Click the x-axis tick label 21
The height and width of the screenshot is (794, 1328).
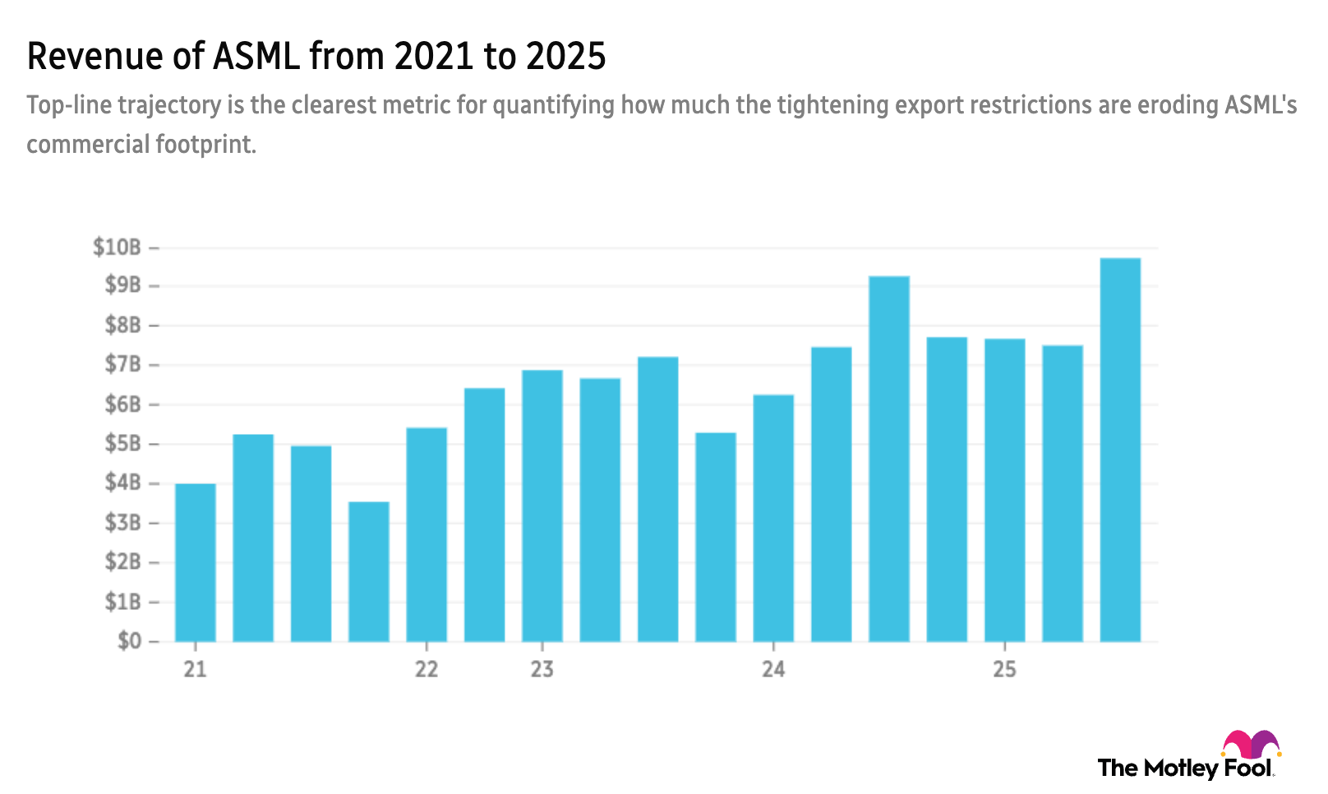tap(195, 669)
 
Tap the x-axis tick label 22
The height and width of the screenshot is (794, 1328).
tap(426, 669)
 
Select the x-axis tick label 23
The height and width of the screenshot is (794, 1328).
tap(542, 669)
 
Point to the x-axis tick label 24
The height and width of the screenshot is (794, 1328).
tap(773, 669)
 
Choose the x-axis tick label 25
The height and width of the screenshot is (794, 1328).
tap(1004, 669)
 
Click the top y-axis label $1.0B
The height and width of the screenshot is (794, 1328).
tap(118, 247)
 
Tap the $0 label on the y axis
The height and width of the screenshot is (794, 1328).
tap(129, 641)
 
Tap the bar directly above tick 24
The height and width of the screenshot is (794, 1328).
tap(773, 517)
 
